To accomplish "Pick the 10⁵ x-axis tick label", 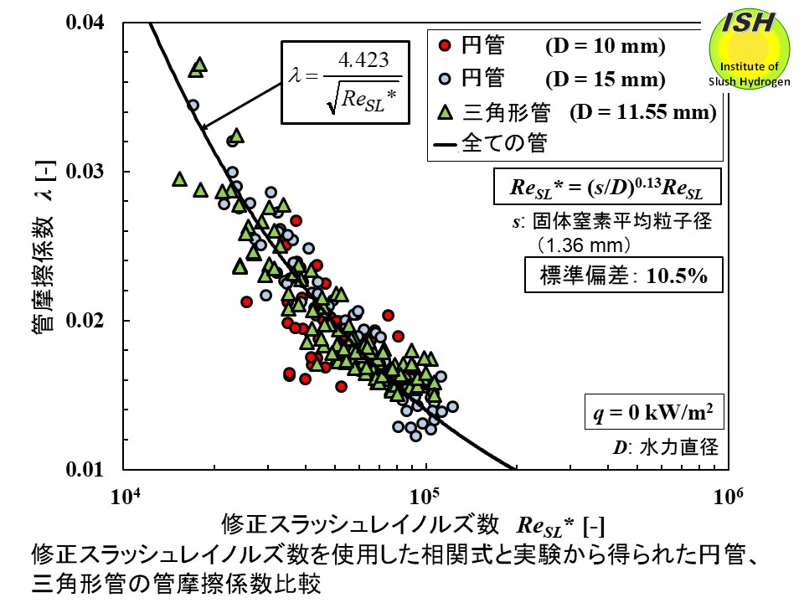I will (426, 495).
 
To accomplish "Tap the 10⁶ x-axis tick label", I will (726, 495).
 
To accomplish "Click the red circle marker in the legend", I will (446, 46).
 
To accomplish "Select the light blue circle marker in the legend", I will (446, 79).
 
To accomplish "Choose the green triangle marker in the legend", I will (446, 111).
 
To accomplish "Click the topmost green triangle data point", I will (199, 64).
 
